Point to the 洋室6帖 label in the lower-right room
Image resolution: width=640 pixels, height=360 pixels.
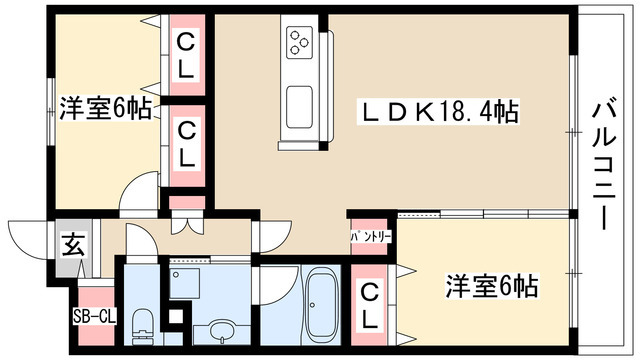click(x=491, y=287)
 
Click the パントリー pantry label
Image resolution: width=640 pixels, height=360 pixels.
click(x=371, y=237)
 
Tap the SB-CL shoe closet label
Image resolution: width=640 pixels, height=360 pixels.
click(x=97, y=318)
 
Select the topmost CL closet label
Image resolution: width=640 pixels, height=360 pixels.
click(x=186, y=57)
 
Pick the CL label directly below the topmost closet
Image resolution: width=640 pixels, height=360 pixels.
click(x=186, y=143)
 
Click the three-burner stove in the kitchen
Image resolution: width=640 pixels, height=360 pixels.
click(x=300, y=42)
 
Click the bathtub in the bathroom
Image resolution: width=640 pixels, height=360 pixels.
click(x=321, y=305)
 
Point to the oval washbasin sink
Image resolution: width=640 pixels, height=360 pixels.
click(x=221, y=330)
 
